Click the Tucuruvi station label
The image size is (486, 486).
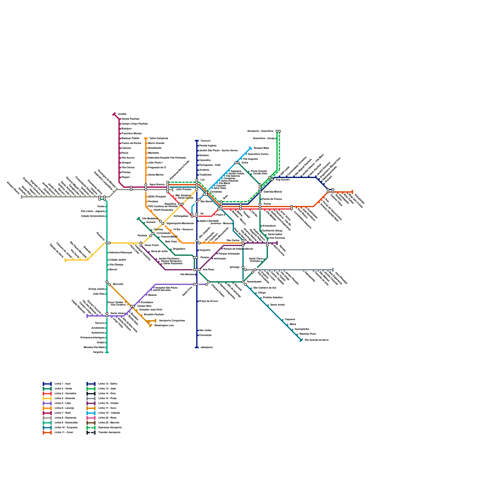[x=205, y=141]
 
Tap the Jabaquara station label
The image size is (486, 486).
[x=206, y=347]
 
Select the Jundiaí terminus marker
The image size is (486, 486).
[x=114, y=114]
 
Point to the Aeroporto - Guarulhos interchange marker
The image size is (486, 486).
[x=278, y=131]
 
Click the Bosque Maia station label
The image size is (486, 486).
[x=261, y=148]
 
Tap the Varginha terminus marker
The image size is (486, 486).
[x=107, y=352]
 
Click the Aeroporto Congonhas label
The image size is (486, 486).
[x=172, y=320]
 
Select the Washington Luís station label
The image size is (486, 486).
[x=164, y=325]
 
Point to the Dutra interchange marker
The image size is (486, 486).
[x=237, y=163]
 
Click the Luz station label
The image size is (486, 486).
[x=203, y=180]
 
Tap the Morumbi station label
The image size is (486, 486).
[x=118, y=284]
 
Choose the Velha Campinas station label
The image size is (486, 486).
[x=159, y=138]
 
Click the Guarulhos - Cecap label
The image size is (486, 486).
[x=264, y=138]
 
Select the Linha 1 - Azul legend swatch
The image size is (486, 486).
[x=47, y=384]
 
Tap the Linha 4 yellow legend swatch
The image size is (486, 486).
[x=47, y=398]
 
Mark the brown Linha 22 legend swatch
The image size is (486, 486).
[x=91, y=423]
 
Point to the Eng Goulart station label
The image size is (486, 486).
[x=282, y=180]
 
